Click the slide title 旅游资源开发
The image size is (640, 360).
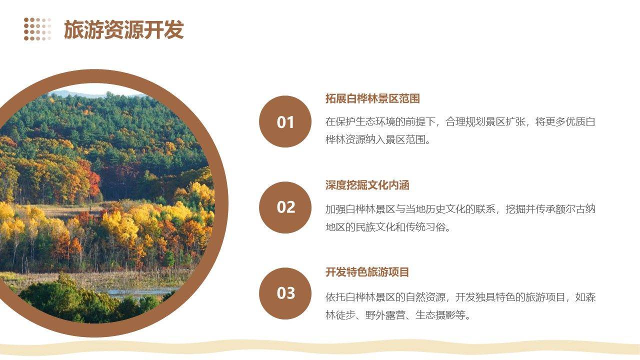click(123, 29)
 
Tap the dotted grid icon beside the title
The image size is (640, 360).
click(37, 29)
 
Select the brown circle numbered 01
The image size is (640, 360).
click(285, 121)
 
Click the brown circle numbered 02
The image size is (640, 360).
click(285, 207)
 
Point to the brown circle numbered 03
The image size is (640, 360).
click(285, 293)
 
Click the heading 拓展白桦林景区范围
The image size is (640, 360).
click(372, 98)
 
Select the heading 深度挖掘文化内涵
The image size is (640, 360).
click(367, 185)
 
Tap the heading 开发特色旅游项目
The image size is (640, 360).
click(367, 272)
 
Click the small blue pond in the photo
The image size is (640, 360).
click(137, 292)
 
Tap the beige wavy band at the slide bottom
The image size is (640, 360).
click(320, 348)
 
